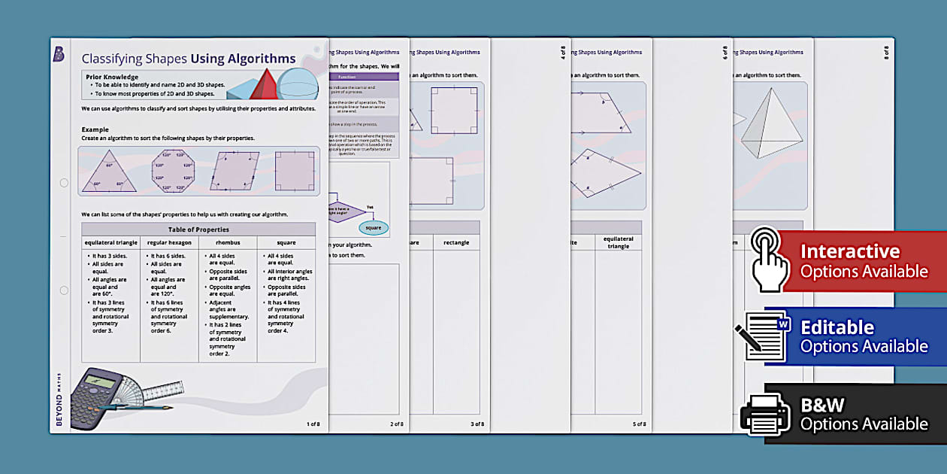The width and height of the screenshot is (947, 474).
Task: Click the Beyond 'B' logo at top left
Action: [x=59, y=53]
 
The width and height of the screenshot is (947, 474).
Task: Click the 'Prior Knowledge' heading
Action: [x=112, y=77]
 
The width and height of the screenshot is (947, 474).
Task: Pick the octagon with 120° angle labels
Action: [x=173, y=171]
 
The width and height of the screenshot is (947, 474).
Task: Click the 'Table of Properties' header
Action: [x=198, y=229]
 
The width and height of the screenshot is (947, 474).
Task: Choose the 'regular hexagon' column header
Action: [x=169, y=243]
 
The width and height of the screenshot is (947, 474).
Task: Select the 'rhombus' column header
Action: [x=228, y=243]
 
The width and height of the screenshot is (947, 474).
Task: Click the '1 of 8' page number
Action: [x=313, y=424]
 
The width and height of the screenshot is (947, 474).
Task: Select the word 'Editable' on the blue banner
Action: [x=837, y=327]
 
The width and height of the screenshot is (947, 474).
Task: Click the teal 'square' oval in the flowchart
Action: [x=373, y=228]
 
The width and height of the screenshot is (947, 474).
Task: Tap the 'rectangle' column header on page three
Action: [x=456, y=243]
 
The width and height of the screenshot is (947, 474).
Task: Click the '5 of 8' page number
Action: [x=639, y=424]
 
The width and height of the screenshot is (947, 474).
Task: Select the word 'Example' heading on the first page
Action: [x=95, y=129]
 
